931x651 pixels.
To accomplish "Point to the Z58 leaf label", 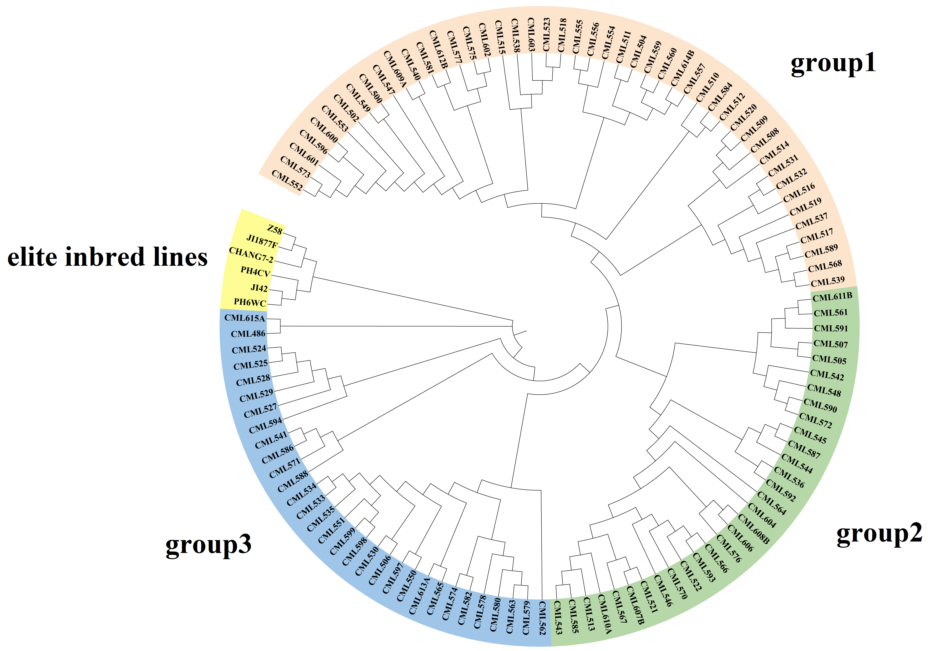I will [x=275, y=230].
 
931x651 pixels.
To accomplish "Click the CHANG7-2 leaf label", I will [x=251, y=255].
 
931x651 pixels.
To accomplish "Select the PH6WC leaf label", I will [x=250, y=302].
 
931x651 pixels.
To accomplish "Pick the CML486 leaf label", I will [x=248, y=334].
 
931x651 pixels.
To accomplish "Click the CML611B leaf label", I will [x=832, y=297].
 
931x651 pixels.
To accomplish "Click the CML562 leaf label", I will [x=542, y=618].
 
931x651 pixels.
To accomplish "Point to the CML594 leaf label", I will [x=265, y=425].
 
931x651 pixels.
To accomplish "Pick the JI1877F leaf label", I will [x=262, y=241].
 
